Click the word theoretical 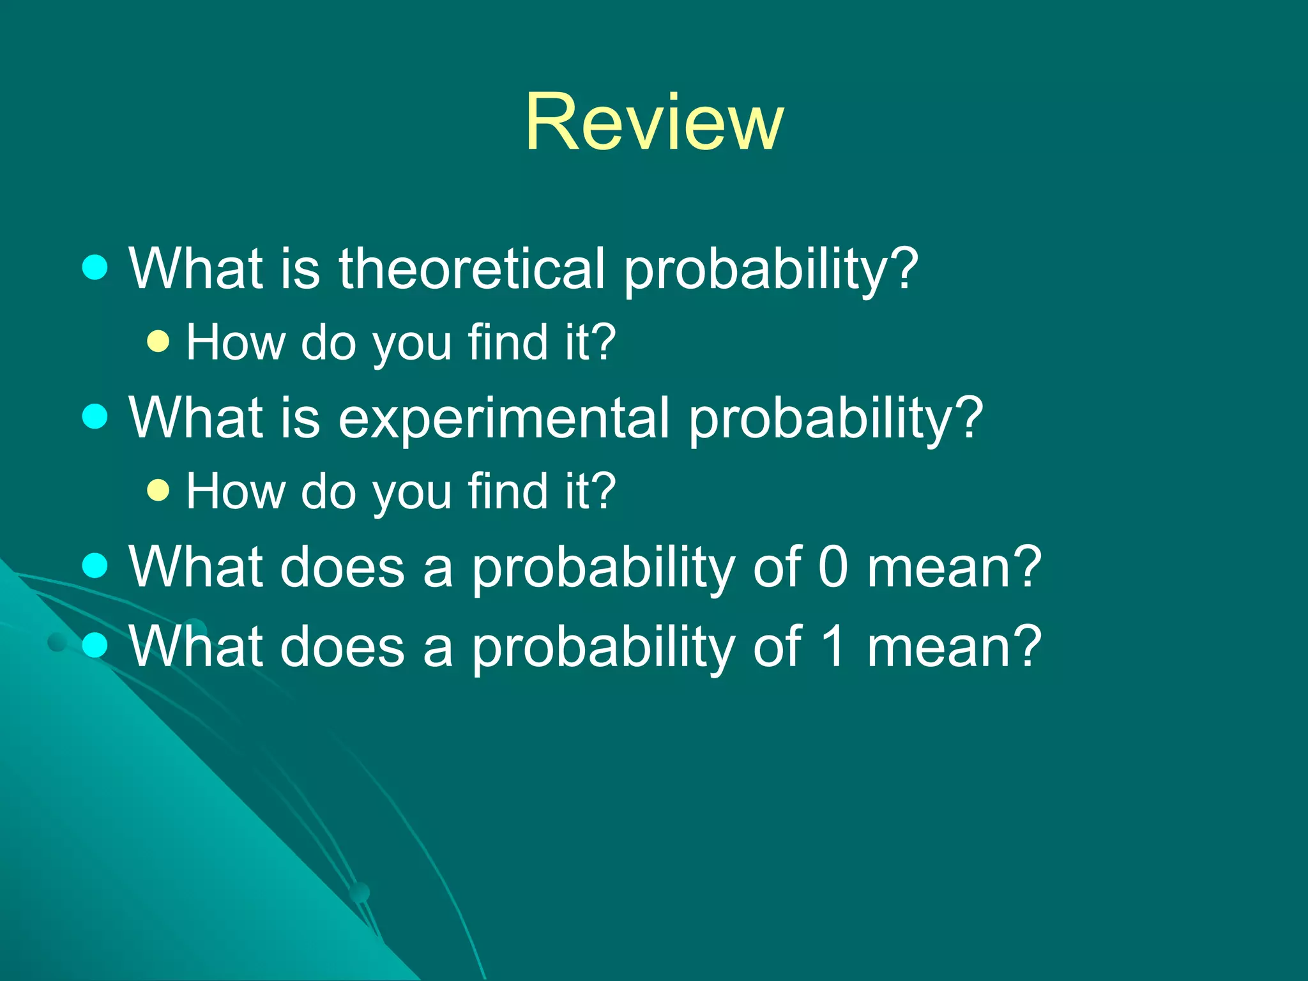[471, 268]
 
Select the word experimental [503, 418]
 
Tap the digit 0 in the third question [833, 567]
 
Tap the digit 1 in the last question [833, 646]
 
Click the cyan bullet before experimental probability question [95, 416]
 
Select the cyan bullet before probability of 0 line [95, 565]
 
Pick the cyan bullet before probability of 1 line [95, 645]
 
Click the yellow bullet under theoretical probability [158, 341]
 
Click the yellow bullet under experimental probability [158, 490]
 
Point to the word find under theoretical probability [508, 342]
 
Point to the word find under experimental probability [508, 490]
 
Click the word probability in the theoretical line [770, 270]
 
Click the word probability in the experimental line [835, 419]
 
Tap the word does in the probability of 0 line [342, 567]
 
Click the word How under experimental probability [235, 490]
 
